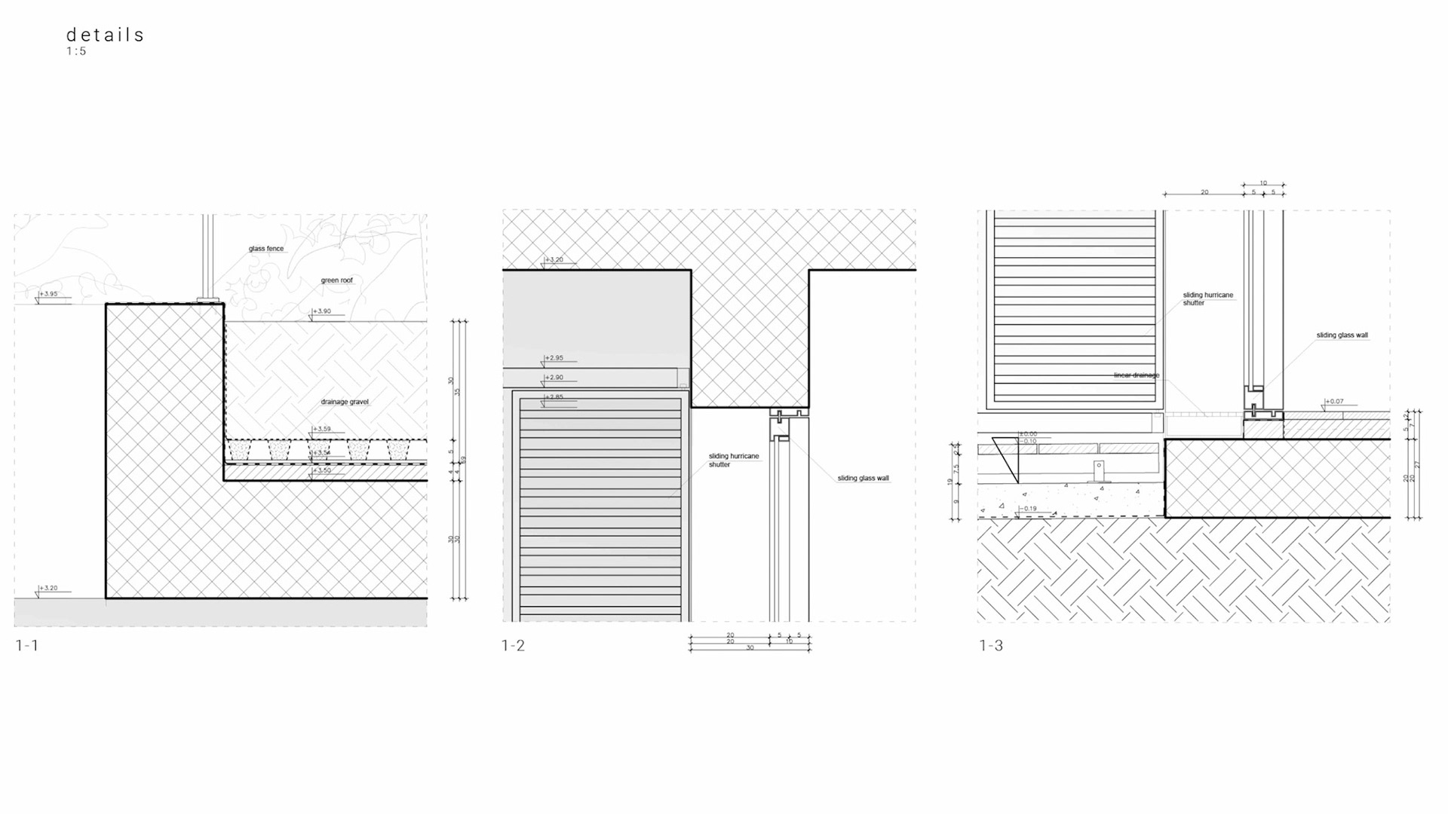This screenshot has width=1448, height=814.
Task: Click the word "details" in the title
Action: (x=105, y=35)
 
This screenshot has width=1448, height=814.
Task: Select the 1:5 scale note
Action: (x=76, y=51)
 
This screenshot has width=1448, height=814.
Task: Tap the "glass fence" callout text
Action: (x=266, y=249)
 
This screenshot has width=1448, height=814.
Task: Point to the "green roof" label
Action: (x=336, y=280)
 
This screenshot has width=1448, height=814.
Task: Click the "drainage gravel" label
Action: (x=345, y=402)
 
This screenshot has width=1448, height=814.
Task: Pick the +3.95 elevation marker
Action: (x=49, y=294)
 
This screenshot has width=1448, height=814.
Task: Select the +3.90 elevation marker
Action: (x=323, y=311)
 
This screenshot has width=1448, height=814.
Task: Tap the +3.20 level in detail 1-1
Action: (x=49, y=588)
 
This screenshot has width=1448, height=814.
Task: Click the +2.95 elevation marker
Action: (x=554, y=358)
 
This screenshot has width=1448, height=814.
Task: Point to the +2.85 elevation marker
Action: (x=554, y=397)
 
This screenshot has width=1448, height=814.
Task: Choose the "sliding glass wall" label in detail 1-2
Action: (x=863, y=478)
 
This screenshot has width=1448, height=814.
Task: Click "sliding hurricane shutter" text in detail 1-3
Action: (x=1207, y=298)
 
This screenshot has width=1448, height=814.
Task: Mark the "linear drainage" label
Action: (x=1137, y=375)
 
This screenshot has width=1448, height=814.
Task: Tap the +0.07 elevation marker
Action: (x=1335, y=401)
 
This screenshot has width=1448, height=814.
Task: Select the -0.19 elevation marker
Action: (x=1029, y=509)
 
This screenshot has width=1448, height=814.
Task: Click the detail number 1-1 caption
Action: (x=27, y=645)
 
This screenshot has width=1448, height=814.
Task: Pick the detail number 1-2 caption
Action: (x=513, y=645)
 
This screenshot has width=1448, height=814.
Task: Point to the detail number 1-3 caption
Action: (x=991, y=645)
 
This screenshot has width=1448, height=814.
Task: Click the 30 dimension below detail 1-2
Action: (x=750, y=647)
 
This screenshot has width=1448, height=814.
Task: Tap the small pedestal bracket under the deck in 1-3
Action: (x=1099, y=473)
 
